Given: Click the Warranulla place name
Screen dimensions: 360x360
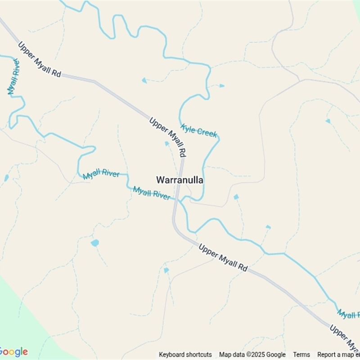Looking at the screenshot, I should (180, 180).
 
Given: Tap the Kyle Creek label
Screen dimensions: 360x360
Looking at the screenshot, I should (199, 131).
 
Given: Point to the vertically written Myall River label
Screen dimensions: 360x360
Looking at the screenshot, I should (13, 76).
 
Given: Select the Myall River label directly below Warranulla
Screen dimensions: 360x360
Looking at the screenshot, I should (152, 193).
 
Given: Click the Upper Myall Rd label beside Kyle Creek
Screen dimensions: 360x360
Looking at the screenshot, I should (167, 137).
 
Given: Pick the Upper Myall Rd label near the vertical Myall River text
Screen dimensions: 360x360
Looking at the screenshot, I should (40, 59).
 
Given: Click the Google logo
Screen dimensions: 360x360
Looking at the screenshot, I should (13, 351).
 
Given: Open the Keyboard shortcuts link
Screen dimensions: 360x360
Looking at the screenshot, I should (185, 355).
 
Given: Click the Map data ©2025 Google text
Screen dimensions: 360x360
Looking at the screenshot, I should (252, 355).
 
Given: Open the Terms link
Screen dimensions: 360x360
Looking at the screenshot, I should (301, 355).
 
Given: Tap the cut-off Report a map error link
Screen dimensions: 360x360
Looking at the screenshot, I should (338, 355).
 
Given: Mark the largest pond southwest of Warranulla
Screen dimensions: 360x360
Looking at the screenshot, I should (94, 243).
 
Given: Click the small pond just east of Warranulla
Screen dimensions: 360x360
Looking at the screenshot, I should (236, 197).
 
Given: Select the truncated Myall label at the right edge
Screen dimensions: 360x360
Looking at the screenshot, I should (348, 314).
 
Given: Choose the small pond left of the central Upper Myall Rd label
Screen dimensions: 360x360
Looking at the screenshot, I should (167, 144).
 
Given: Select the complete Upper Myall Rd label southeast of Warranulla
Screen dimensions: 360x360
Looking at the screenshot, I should (223, 258).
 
